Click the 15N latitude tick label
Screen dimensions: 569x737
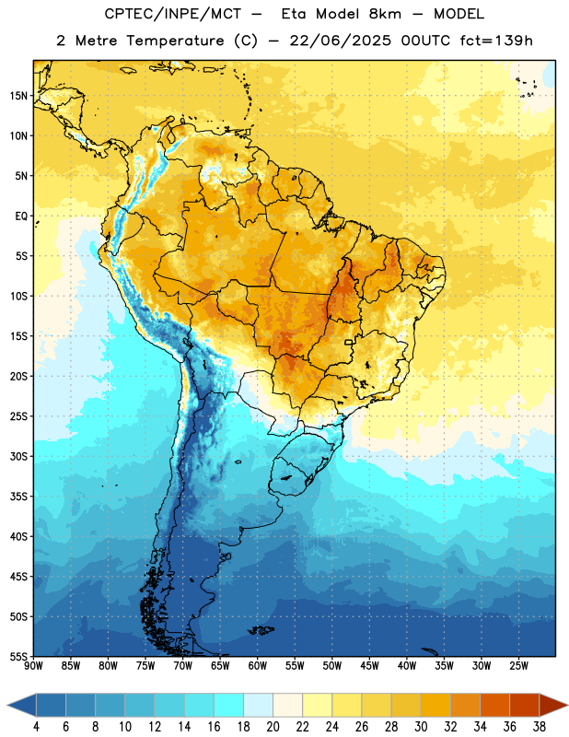pyautogui.click(x=18, y=96)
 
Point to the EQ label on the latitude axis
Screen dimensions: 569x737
pyautogui.click(x=21, y=216)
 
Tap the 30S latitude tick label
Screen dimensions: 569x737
pyautogui.click(x=18, y=456)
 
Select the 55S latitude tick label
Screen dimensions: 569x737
pyautogui.click(x=18, y=657)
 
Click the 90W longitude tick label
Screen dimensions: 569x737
pyautogui.click(x=33, y=666)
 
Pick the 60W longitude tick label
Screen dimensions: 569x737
pyautogui.click(x=258, y=666)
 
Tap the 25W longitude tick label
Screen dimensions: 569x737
pyautogui.click(x=518, y=666)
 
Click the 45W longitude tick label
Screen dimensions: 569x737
pyautogui.click(x=369, y=666)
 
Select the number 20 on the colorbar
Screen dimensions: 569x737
pyautogui.click(x=273, y=727)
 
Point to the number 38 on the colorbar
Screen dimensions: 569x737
pyautogui.click(x=540, y=727)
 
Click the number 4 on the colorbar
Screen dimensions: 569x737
pyautogui.click(x=36, y=727)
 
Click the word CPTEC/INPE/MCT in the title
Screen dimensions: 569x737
pyautogui.click(x=173, y=14)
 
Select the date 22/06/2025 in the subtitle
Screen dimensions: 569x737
pyautogui.click(x=340, y=41)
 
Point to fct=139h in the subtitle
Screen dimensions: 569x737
pyautogui.click(x=496, y=41)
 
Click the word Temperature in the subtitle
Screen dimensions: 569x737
pyautogui.click(x=175, y=41)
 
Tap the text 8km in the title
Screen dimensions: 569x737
pyautogui.click(x=385, y=14)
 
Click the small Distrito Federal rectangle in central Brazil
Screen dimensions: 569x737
pyautogui.click(x=349, y=342)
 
